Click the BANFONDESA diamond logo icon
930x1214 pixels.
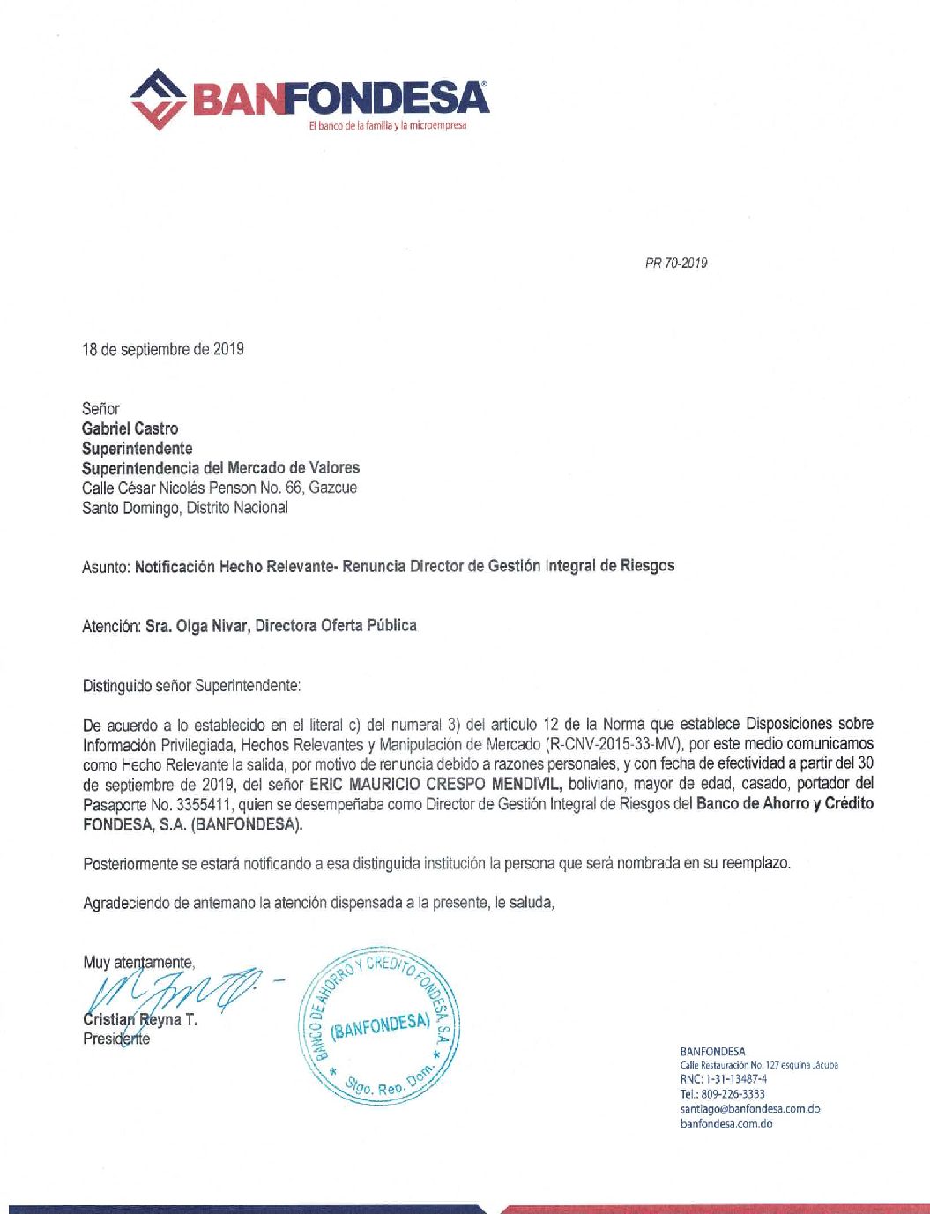[158, 99]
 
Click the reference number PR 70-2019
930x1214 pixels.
[675, 263]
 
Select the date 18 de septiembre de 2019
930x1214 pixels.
[163, 349]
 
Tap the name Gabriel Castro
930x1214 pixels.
[130, 428]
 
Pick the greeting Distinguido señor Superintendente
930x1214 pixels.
[191, 685]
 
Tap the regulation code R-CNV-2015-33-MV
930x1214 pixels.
[614, 743]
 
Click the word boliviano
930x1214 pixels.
[597, 784]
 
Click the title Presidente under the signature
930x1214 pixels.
[116, 1039]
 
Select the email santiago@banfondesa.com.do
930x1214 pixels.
[750, 1108]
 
